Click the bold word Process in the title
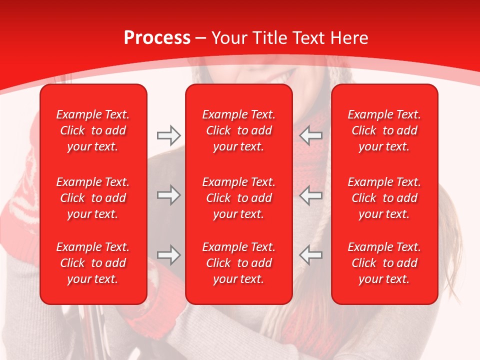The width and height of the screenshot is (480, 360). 157,38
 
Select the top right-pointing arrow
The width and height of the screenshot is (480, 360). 168,134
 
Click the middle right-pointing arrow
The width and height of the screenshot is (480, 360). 168,195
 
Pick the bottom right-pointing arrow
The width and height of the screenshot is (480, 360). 168,255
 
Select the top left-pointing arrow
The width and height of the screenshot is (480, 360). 311,134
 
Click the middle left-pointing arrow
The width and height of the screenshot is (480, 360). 311,195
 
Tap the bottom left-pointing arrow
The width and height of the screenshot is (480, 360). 311,255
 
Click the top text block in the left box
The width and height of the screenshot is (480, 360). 93,130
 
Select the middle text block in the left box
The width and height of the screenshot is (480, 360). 93,198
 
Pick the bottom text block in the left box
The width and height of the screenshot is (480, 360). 93,263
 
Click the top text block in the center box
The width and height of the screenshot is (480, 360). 239,130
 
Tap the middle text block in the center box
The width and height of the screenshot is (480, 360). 239,198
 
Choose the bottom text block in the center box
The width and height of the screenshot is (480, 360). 239,263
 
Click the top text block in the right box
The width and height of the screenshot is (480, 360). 384,130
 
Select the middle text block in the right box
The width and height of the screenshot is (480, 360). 384,198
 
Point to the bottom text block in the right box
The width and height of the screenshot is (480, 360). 384,263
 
